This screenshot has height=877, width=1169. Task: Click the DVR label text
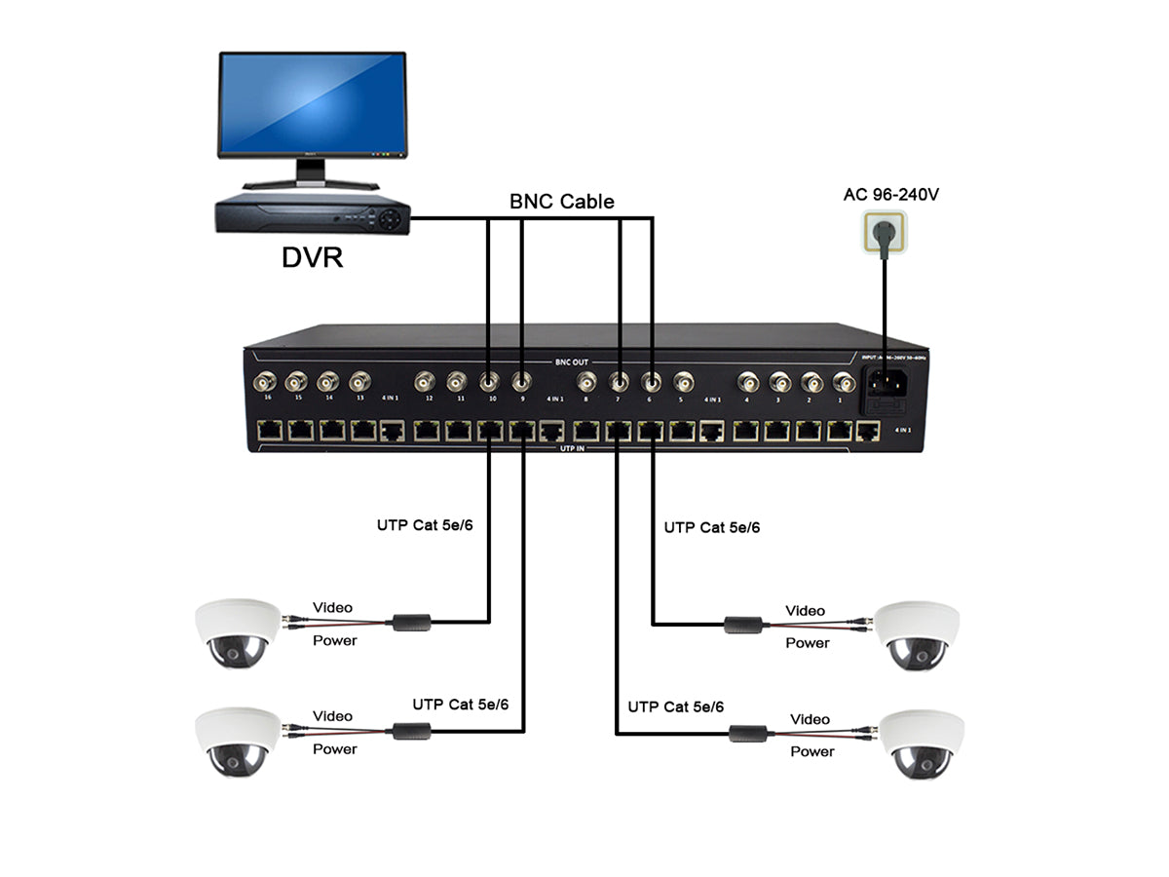click(312, 257)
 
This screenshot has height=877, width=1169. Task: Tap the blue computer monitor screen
click(312, 104)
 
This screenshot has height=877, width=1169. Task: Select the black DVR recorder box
click(313, 214)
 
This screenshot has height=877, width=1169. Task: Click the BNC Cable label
click(562, 202)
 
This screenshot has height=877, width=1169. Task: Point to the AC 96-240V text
click(890, 195)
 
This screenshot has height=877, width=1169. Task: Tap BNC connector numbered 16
click(264, 381)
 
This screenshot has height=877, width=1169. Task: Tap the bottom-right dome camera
click(922, 744)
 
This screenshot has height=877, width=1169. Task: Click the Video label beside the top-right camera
click(805, 611)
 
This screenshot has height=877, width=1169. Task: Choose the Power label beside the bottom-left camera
click(334, 749)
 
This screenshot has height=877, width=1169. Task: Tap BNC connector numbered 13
click(359, 381)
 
